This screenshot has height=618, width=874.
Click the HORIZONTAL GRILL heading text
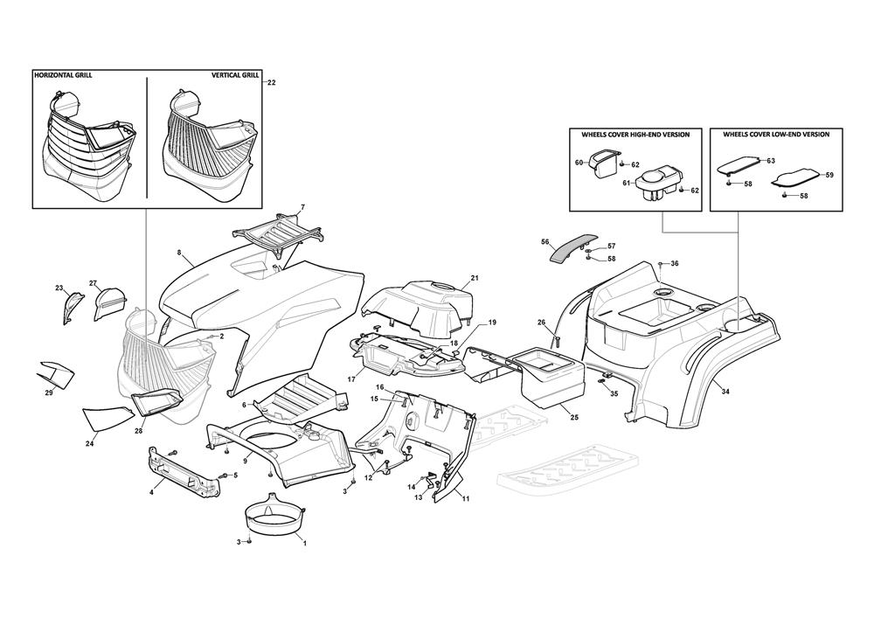[x=62, y=76]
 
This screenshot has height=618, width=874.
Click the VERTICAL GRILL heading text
[x=235, y=76]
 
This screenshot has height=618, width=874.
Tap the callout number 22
[x=271, y=82]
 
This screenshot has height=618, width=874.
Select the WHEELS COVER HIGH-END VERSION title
[x=635, y=135]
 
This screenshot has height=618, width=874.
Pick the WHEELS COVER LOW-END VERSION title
[x=776, y=135]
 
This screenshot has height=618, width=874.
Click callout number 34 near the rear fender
[x=725, y=392]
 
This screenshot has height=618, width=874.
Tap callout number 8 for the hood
[x=179, y=253]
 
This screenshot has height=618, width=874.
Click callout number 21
[x=475, y=278]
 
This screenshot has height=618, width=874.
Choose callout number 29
[x=49, y=393]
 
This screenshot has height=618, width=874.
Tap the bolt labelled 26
[x=553, y=337]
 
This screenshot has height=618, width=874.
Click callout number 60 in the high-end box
[x=579, y=163]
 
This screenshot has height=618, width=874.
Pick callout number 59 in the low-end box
[x=829, y=176]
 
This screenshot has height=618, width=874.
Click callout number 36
[x=674, y=263]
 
